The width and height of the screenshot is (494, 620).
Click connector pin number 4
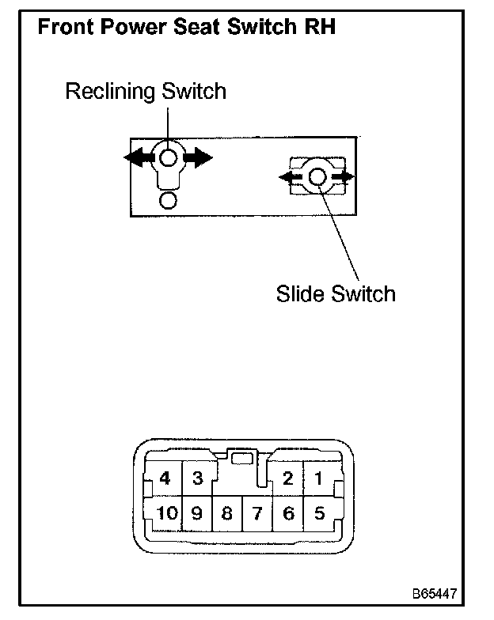pos(165,478)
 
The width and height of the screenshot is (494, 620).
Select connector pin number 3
pos(198,478)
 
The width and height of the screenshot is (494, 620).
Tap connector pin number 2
pos(288,478)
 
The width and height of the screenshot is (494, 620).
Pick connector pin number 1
pos(318,478)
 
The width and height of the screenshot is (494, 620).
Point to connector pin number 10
pos(166,514)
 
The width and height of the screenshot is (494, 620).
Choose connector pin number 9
pos(198,514)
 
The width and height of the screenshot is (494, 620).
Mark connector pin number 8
pos(227,514)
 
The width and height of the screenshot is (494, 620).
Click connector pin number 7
pos(257,514)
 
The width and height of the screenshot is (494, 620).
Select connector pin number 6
pos(288,514)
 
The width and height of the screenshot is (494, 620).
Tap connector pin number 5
pos(318,514)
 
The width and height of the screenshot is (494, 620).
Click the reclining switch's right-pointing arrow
pos(199,157)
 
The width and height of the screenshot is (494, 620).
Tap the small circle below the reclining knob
pos(168,199)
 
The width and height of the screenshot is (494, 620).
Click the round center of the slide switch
pos(317,177)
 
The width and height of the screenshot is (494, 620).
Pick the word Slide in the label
pos(298,294)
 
